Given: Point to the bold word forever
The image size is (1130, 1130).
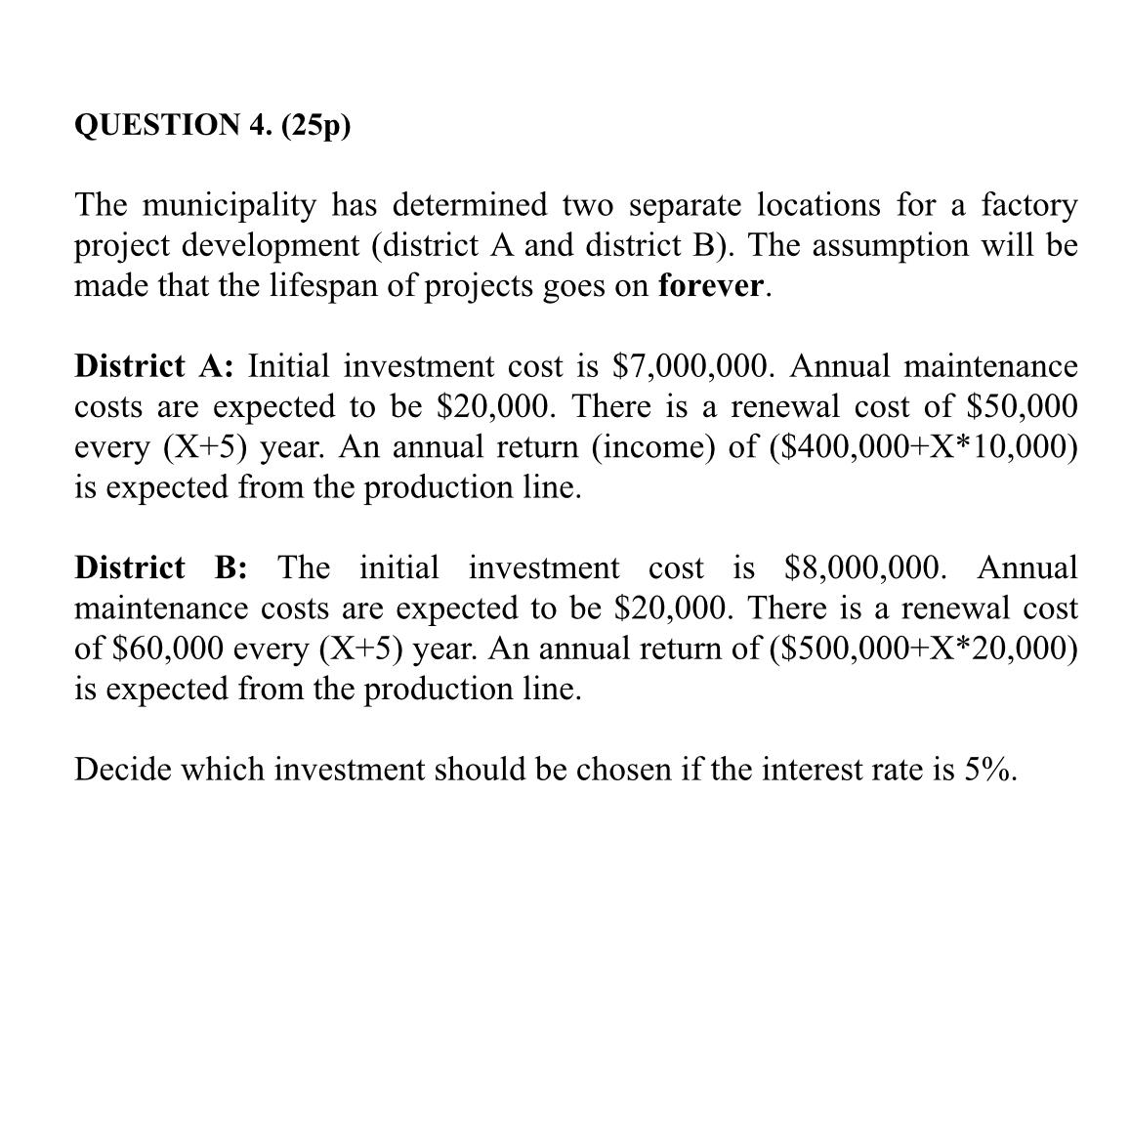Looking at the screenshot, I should coord(710,287).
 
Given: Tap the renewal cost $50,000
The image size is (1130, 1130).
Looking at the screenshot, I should coord(1022,407).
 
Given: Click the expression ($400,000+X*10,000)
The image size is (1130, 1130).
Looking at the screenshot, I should coord(923,447).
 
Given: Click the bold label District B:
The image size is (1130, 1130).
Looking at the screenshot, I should coord(160,568).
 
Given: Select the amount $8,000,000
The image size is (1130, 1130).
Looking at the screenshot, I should coord(864,568).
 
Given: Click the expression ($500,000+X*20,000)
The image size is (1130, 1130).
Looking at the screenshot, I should coord(923,649).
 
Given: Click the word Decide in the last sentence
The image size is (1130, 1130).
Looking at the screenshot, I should coord(123,771).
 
